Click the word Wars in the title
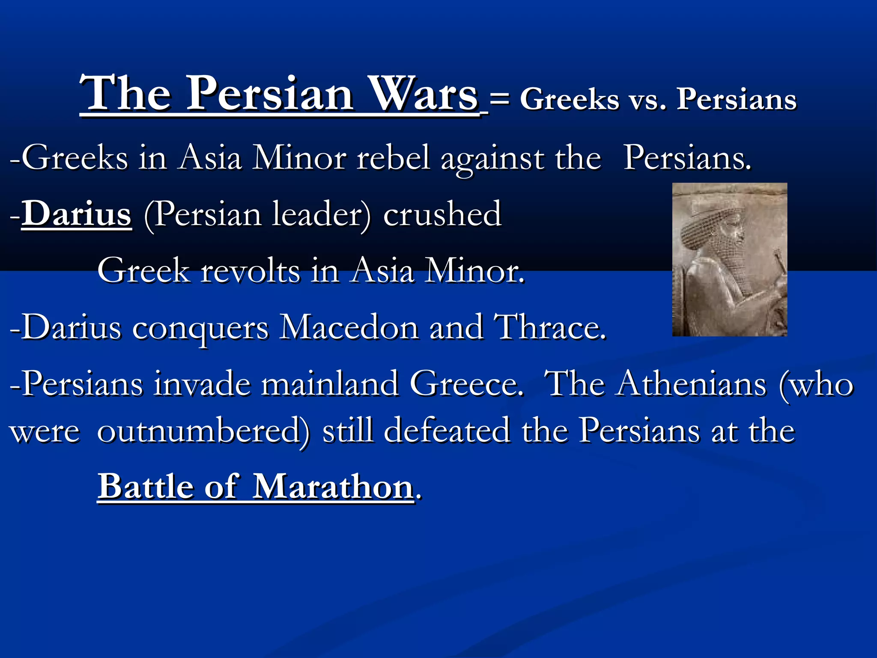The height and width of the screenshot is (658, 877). click(424, 93)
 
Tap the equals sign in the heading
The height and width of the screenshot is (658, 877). click(499, 100)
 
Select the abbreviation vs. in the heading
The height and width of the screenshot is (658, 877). click(647, 100)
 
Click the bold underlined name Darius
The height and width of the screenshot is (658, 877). click(76, 213)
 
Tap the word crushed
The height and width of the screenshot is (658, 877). click(442, 213)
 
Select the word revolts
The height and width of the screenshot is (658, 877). click(251, 270)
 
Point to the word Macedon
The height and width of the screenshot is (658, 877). click(349, 327)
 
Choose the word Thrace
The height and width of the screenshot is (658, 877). click(550, 327)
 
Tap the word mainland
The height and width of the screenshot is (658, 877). click(330, 383)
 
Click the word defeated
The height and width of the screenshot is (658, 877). click(447, 431)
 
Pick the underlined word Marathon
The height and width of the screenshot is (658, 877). click(333, 486)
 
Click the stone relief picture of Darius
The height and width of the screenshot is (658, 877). click(729, 260)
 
